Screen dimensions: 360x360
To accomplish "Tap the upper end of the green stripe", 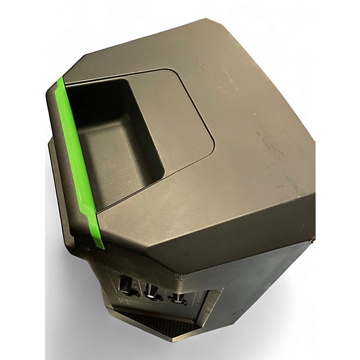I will point(59,82).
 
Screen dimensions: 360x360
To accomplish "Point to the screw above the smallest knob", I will point(178,277).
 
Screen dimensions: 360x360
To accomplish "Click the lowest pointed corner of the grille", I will point(175,338).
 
